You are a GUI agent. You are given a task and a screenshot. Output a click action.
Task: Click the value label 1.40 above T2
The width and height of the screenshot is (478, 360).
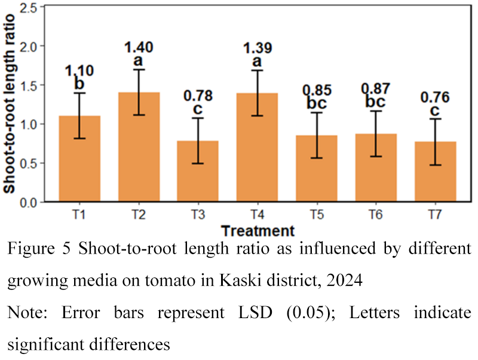pos(139,46)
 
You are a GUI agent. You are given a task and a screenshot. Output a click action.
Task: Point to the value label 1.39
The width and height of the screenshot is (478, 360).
pos(257,46)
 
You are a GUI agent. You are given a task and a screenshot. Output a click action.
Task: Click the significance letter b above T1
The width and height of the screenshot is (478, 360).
pos(79,84)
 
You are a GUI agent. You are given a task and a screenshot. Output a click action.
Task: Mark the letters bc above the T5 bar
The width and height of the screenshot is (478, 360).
pos(316,104)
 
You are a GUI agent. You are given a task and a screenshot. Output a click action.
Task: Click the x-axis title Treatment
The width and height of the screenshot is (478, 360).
pos(257,231)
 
